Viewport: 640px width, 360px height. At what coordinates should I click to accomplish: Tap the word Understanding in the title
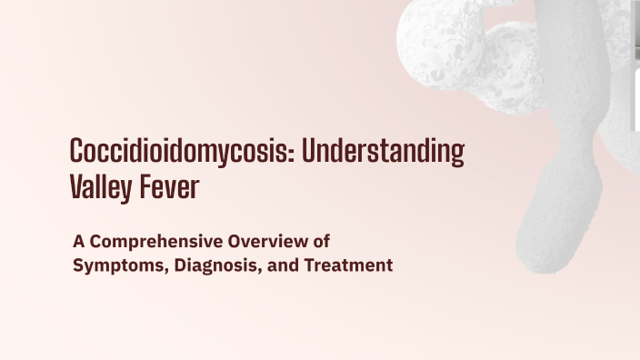[383, 151]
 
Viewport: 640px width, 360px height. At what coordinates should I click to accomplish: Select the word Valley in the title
[98, 187]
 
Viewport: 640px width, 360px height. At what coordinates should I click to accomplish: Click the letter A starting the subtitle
[78, 242]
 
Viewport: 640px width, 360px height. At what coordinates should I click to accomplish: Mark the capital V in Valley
[76, 187]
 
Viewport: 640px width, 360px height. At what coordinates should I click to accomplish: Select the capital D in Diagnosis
[170, 266]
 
